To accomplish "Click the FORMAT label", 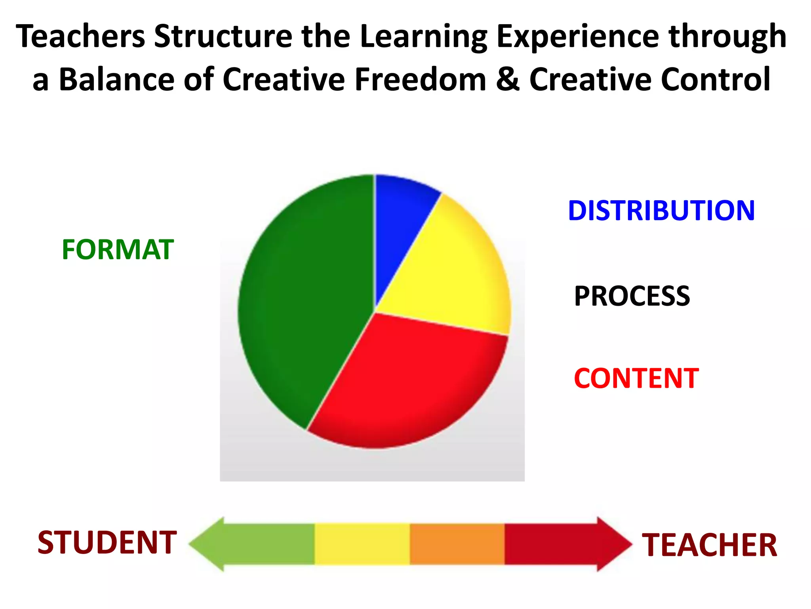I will [118, 250].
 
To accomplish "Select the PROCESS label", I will [632, 296].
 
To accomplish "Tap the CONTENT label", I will [636, 378].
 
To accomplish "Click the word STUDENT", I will [107, 542].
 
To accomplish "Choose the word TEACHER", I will [710, 545].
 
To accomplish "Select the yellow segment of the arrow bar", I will [362, 544].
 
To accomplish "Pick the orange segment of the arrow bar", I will [457, 544].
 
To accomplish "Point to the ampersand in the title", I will [508, 79].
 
